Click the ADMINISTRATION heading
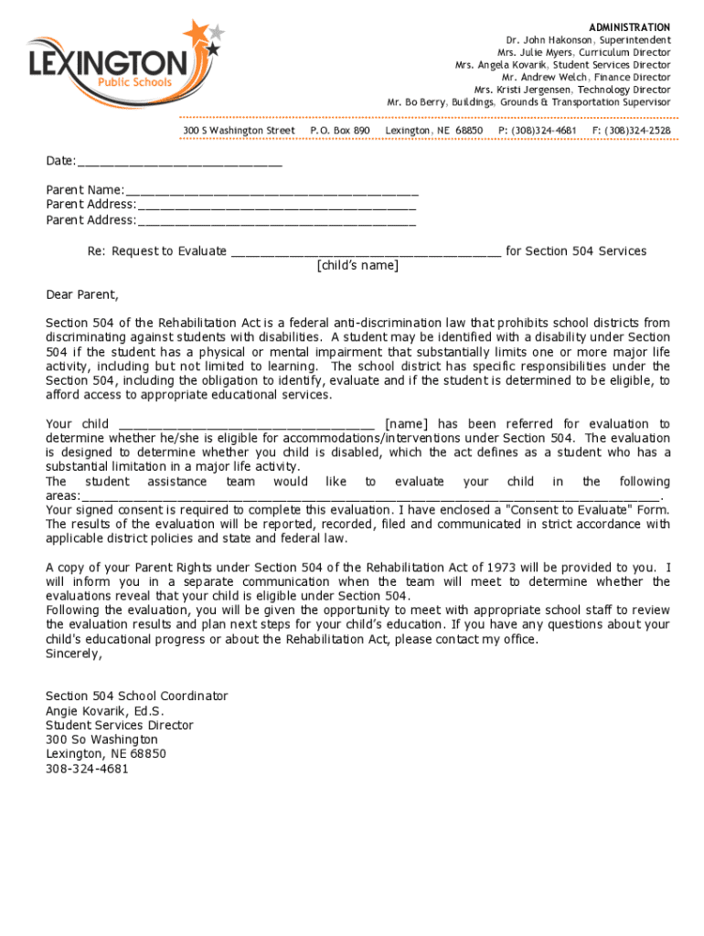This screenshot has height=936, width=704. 629,27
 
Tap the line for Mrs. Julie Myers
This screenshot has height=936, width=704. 583,53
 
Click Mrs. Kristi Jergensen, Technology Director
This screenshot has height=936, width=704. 571,90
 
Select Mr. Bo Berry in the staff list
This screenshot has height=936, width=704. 416,102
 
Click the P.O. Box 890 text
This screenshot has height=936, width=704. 340,131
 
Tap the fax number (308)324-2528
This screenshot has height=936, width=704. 631,131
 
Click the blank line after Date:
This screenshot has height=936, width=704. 180,162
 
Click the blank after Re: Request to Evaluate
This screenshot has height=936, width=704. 366,251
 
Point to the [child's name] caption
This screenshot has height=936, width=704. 357,266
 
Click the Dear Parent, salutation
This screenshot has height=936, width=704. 82,294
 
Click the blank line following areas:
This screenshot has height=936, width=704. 370,495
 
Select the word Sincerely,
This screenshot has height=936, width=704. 74,654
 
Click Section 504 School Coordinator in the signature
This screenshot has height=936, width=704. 137,697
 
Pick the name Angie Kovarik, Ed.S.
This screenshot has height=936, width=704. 105,711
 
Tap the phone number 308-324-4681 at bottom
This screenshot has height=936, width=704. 88,769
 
